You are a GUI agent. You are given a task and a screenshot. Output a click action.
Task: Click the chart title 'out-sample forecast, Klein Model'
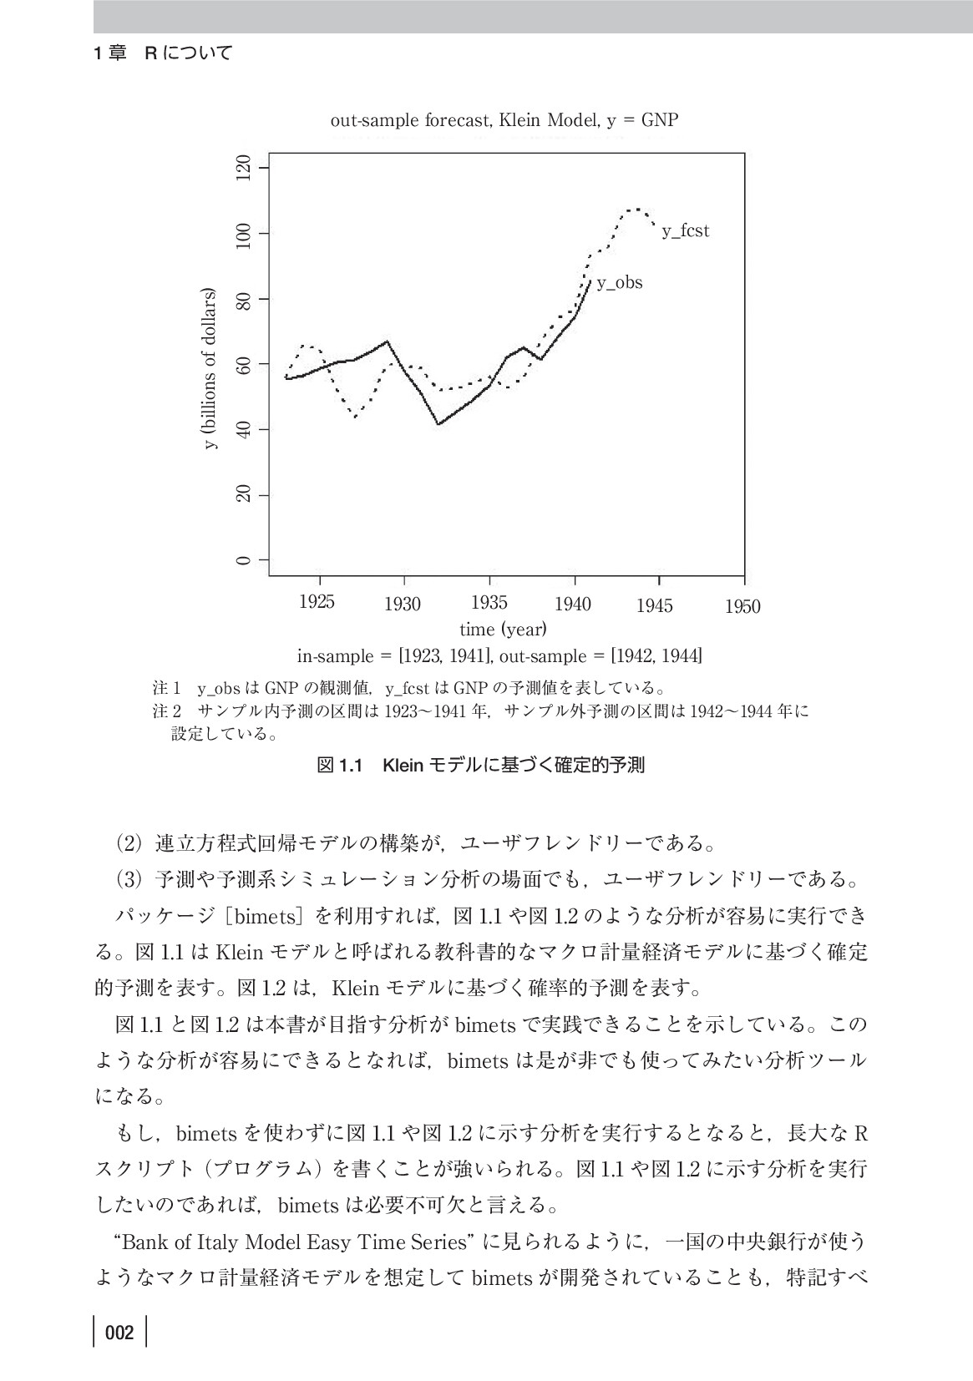[x=504, y=120]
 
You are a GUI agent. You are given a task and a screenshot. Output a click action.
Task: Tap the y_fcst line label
[x=685, y=231]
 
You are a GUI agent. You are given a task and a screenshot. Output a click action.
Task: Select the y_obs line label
[x=619, y=283]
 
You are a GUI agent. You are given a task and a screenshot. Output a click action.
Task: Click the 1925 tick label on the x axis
[x=317, y=603]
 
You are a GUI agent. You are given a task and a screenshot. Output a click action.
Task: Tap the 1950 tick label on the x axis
[x=742, y=606]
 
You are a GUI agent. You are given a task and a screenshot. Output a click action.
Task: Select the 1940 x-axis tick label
[x=572, y=604]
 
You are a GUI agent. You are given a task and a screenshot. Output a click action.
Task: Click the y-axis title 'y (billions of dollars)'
[x=210, y=368]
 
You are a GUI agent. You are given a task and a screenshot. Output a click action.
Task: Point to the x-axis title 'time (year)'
[x=503, y=628]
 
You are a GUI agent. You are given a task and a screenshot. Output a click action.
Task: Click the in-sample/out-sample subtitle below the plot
[x=499, y=656]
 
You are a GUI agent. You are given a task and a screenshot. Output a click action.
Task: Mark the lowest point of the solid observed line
[x=438, y=424]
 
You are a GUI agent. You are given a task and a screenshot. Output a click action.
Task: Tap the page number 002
[x=119, y=1333]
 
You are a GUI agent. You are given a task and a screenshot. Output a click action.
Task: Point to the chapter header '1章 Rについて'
[x=162, y=53]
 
